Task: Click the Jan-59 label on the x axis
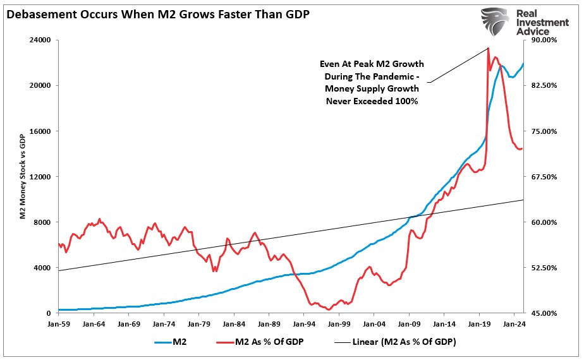(x=58, y=323)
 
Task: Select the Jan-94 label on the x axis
(x=303, y=323)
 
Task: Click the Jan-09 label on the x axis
(x=408, y=323)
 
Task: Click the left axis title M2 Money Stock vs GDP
(x=22, y=177)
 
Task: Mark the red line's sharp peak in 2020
(x=488, y=49)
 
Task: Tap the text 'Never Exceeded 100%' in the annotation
(x=372, y=101)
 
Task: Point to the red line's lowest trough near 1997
(x=329, y=309)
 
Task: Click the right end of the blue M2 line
(x=523, y=64)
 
